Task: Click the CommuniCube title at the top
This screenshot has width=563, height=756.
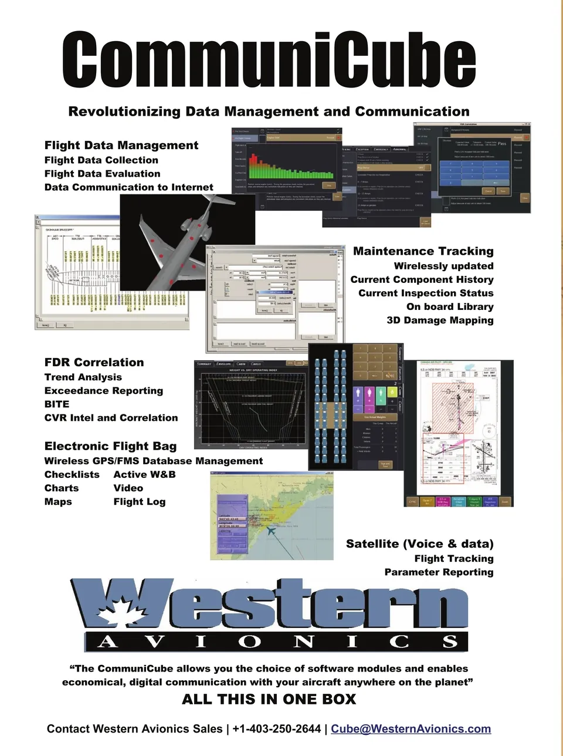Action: click(x=269, y=60)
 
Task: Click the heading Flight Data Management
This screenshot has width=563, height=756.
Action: click(x=121, y=146)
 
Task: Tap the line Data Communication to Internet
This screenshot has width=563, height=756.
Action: click(x=128, y=187)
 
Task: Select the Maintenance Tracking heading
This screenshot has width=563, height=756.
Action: click(x=423, y=251)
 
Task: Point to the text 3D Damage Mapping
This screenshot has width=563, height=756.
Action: click(x=440, y=320)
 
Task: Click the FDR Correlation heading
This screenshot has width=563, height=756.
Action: click(x=94, y=363)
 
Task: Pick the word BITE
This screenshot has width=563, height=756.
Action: click(x=57, y=404)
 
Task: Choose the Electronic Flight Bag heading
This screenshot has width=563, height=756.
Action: click(x=110, y=446)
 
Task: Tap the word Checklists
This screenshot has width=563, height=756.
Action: click(x=72, y=475)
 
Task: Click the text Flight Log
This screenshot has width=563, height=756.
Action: click(x=140, y=502)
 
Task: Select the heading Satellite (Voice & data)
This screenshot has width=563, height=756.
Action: click(x=419, y=544)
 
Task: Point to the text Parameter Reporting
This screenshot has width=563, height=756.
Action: click(x=439, y=572)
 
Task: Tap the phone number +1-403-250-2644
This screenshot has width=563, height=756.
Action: click(x=277, y=729)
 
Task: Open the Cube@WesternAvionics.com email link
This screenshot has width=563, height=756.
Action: click(x=411, y=729)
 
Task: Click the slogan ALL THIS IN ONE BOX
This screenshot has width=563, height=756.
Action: click(x=269, y=699)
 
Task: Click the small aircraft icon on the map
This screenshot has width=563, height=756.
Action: click(x=271, y=531)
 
